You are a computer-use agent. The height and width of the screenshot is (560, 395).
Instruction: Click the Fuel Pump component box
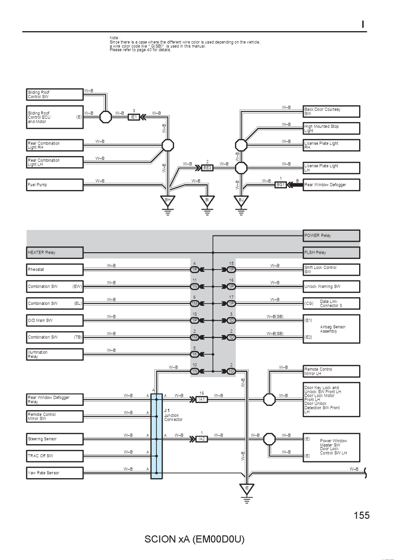[55, 185]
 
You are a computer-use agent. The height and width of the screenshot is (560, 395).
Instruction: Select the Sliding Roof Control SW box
[55, 94]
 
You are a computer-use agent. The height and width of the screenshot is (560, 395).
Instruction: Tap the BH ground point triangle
[167, 201]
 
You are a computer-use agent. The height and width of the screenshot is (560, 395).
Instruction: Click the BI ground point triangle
[207, 201]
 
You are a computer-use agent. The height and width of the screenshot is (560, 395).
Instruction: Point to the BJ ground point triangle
[241, 201]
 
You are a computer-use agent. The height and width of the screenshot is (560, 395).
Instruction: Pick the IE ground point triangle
[247, 489]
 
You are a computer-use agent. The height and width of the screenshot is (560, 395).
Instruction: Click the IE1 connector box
[134, 117]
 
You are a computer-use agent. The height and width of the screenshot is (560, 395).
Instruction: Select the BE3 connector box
[208, 168]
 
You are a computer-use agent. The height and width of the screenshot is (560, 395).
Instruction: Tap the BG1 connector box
[281, 185]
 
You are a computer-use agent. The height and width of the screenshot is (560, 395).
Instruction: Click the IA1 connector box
[202, 399]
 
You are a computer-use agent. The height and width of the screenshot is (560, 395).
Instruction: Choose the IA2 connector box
[202, 439]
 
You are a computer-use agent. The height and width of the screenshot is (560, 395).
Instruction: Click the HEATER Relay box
[55, 253]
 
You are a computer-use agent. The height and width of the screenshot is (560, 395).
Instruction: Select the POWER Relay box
[331, 235]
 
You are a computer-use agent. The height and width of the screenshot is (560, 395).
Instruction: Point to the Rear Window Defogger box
[331, 185]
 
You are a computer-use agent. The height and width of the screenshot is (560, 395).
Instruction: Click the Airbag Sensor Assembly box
[331, 329]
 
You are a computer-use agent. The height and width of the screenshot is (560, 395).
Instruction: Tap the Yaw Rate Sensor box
[55, 473]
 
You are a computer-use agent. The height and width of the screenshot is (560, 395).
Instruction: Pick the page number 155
[362, 515]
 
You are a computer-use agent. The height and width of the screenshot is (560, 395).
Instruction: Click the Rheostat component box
[55, 269]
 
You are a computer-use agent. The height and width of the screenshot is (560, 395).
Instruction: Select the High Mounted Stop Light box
[331, 129]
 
